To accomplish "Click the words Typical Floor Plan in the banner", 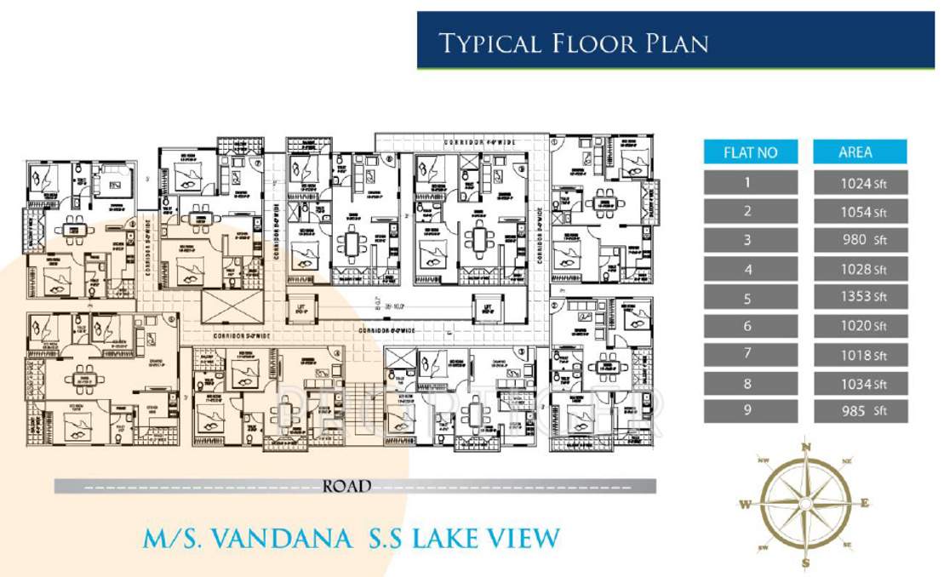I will [x=573, y=43].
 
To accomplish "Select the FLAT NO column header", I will [x=750, y=152].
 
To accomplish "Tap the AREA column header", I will [x=859, y=152].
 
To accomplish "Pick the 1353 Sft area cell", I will [x=860, y=297].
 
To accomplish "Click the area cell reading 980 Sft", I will [x=860, y=240].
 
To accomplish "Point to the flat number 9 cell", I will [x=750, y=412].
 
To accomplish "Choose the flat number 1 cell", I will [x=750, y=182].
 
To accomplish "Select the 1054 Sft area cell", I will [x=860, y=211].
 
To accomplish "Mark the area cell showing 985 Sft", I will [x=860, y=412].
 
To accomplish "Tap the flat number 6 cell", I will [x=750, y=326].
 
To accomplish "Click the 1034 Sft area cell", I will [x=860, y=384].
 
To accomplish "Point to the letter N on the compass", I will [x=805, y=447].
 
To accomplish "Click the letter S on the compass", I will [x=804, y=563].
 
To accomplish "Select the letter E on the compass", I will [x=865, y=503].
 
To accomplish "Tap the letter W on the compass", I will [x=745, y=504].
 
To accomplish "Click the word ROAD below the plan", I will [x=347, y=487].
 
